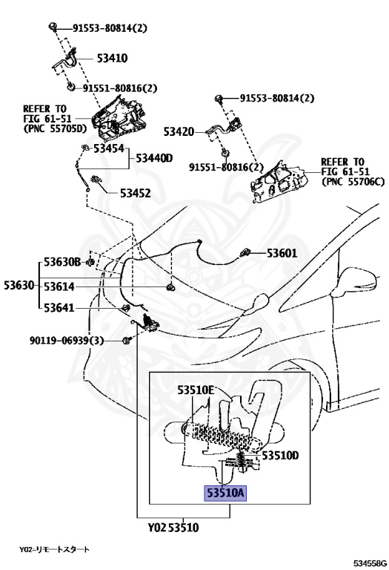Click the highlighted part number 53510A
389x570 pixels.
click(x=225, y=493)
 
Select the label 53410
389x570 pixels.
click(x=112, y=58)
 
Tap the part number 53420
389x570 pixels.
click(x=179, y=131)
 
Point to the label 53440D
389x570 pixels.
click(x=154, y=158)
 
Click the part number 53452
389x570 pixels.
click(x=136, y=194)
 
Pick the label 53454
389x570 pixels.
click(x=109, y=148)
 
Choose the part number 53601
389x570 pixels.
click(x=282, y=253)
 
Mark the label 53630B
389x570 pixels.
click(x=62, y=262)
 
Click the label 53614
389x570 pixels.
click(x=59, y=286)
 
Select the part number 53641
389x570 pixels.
click(x=59, y=308)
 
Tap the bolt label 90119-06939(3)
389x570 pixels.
click(x=67, y=341)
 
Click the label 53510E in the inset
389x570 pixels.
click(x=196, y=390)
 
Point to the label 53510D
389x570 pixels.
click(x=281, y=455)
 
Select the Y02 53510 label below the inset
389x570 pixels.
click(x=173, y=527)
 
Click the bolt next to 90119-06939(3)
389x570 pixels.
click(x=126, y=341)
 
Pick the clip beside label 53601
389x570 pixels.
click(x=245, y=252)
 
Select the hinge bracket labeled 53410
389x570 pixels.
click(x=67, y=61)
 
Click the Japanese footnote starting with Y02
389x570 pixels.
click(x=54, y=549)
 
